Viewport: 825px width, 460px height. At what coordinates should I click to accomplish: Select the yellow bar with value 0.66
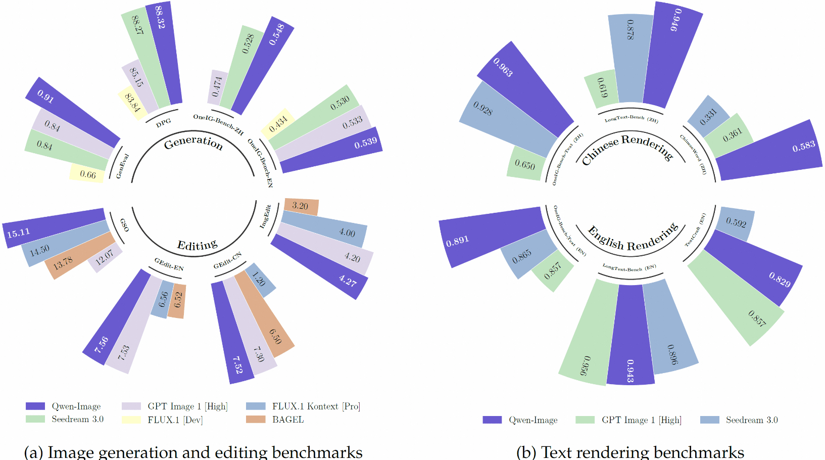coord(87,174)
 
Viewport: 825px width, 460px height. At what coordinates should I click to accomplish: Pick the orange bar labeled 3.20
coord(301,206)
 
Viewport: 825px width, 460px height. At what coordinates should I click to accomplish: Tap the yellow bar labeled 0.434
coord(278,123)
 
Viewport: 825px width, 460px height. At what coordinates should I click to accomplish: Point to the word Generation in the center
coord(193,142)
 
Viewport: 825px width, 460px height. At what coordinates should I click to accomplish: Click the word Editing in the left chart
coord(197,246)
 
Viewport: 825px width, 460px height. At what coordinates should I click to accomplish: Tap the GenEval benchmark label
coord(122,166)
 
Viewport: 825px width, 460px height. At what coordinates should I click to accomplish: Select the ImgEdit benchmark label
coord(265,216)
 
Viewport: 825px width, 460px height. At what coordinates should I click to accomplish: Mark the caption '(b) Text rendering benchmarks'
coord(630,452)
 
